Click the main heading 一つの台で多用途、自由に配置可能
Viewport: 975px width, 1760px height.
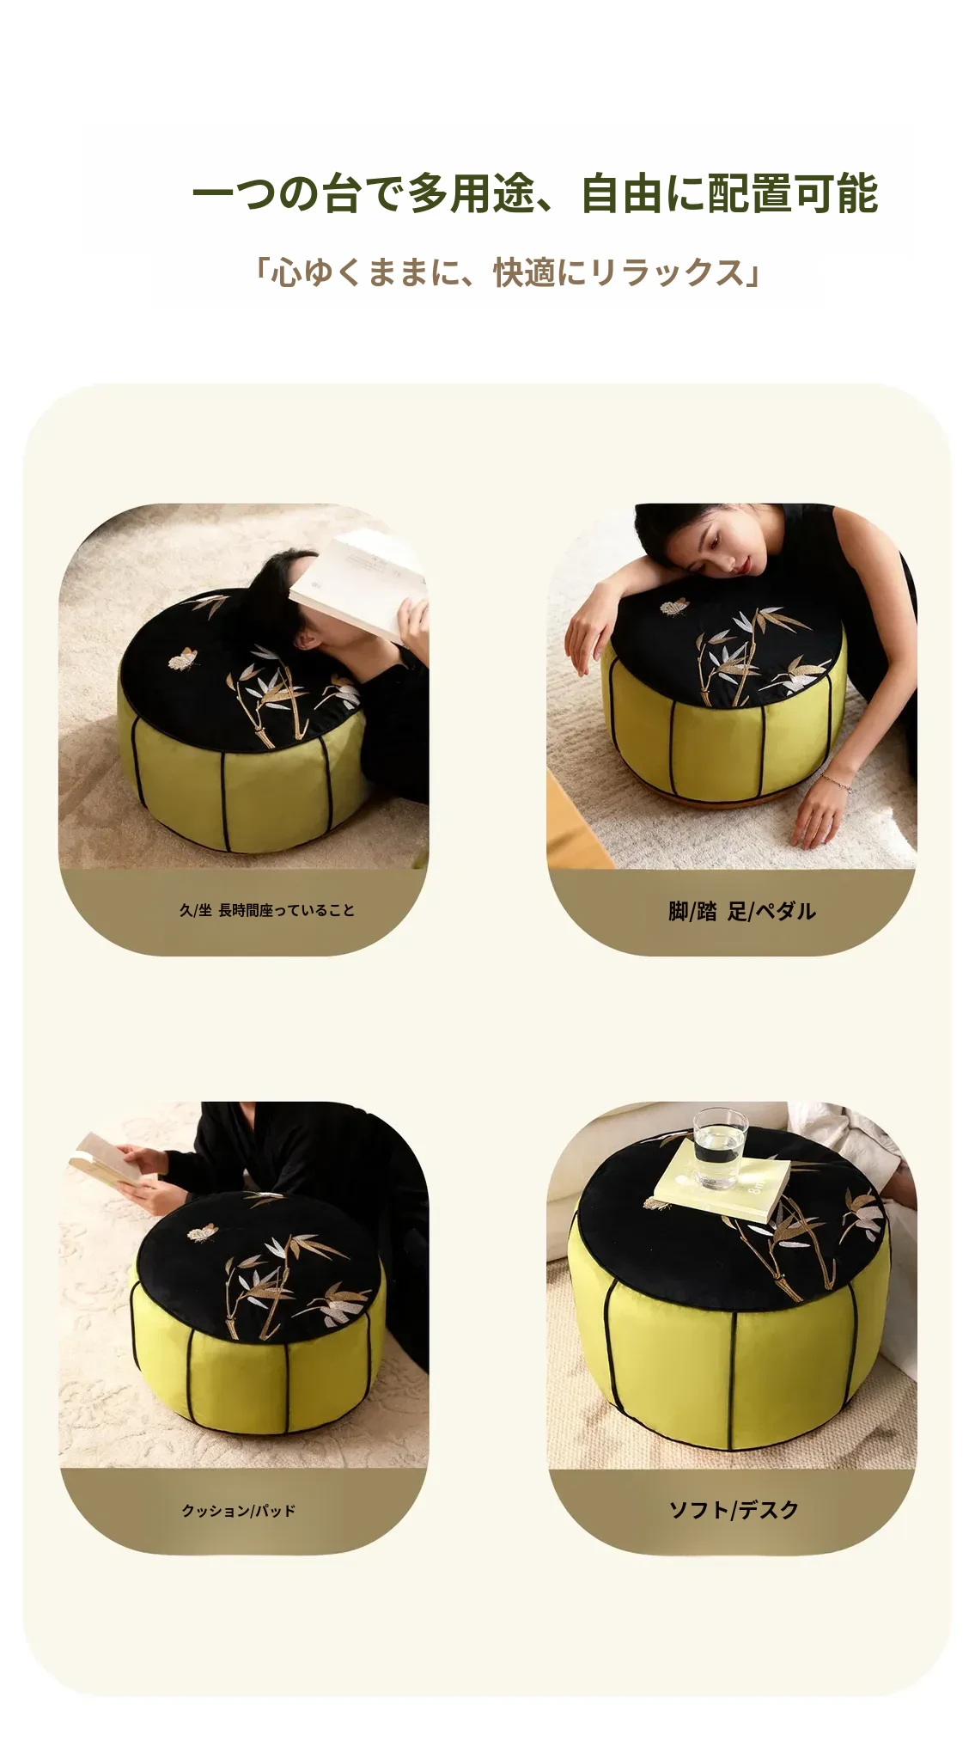(534, 193)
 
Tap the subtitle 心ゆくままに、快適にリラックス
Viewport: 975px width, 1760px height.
(508, 272)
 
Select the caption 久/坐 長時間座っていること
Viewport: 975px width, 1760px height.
(266, 910)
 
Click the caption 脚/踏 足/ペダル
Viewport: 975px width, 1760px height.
(741, 911)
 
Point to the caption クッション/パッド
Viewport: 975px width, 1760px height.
(238, 1510)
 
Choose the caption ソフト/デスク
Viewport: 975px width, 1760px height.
(734, 1509)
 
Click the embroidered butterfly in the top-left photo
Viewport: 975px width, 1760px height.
(182, 659)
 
